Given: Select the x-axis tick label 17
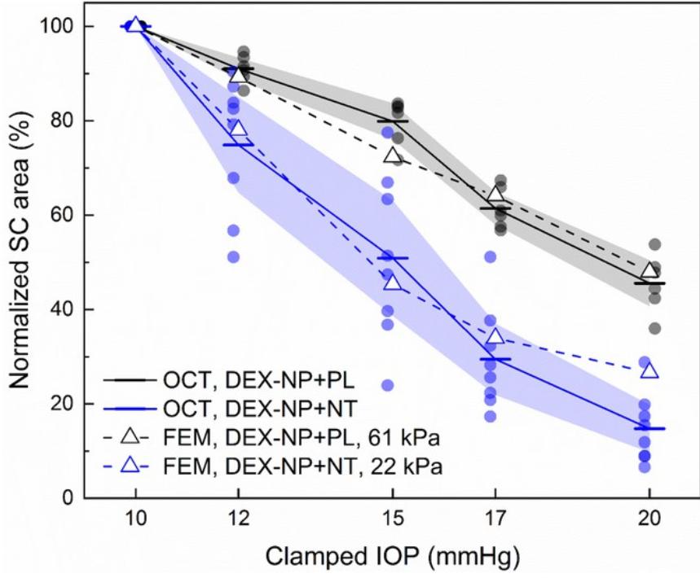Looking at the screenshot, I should click(x=495, y=519).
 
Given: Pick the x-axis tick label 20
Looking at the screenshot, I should click(x=649, y=519).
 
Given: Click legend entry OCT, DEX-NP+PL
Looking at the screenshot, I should click(x=228, y=379).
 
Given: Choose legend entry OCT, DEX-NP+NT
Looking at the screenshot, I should click(x=228, y=407).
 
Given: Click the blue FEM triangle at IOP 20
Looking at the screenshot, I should click(x=649, y=371).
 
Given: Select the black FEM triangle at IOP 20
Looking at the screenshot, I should click(x=649, y=271).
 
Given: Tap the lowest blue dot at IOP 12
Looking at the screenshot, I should click(x=234, y=256).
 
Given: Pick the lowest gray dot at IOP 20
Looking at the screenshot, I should click(x=654, y=328).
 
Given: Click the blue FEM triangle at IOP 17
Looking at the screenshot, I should click(x=495, y=337).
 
